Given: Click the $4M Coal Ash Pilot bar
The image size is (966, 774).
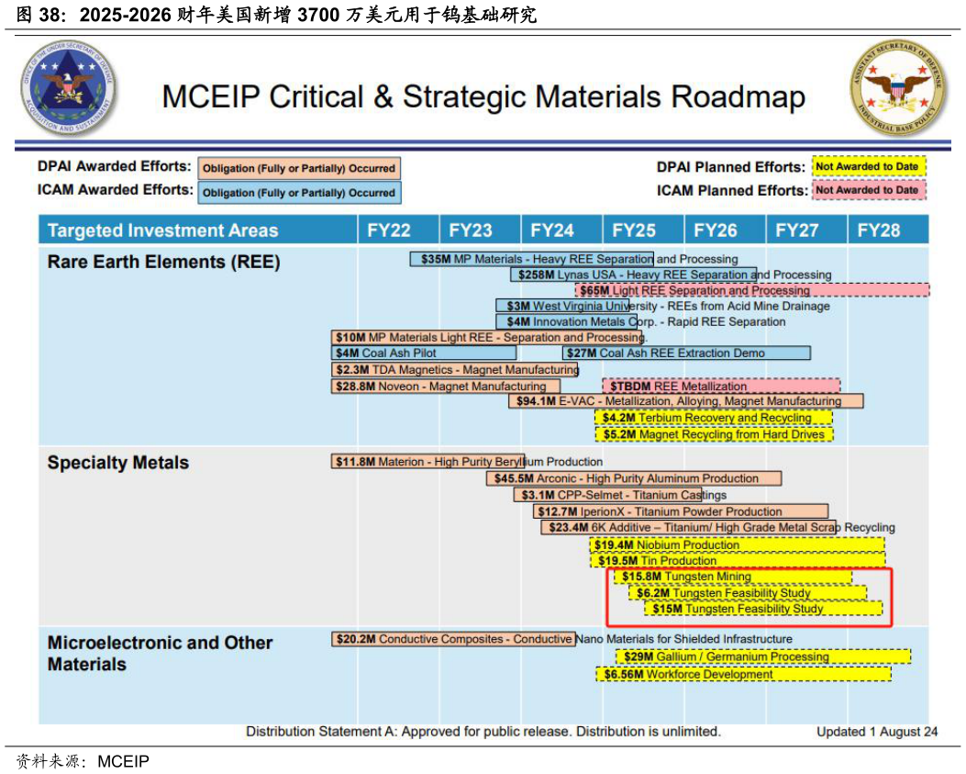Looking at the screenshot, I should point(424,353).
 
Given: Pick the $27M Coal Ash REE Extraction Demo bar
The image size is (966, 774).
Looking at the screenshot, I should point(686,353).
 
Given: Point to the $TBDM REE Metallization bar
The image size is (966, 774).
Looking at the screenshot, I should point(721,387).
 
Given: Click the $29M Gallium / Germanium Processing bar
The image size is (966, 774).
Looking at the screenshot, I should point(763,656).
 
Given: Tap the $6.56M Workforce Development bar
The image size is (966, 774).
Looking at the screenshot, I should point(744,674).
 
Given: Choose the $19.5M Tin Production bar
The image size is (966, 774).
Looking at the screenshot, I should point(738,560).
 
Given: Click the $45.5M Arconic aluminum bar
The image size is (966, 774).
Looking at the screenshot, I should point(634,478).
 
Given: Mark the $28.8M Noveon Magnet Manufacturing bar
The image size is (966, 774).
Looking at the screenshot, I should point(446,387).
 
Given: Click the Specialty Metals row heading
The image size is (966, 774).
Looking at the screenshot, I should point(118,463).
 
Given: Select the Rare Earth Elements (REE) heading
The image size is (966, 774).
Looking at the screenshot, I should point(164,263).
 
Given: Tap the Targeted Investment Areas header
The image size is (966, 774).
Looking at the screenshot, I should point(162,230).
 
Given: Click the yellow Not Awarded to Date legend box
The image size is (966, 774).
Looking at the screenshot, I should point(869,167).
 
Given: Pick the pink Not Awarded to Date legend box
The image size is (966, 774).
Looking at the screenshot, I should point(868,190).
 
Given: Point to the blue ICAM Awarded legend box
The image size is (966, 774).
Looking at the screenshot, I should point(299,193).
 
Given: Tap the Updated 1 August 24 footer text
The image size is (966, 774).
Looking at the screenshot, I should point(877,732).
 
